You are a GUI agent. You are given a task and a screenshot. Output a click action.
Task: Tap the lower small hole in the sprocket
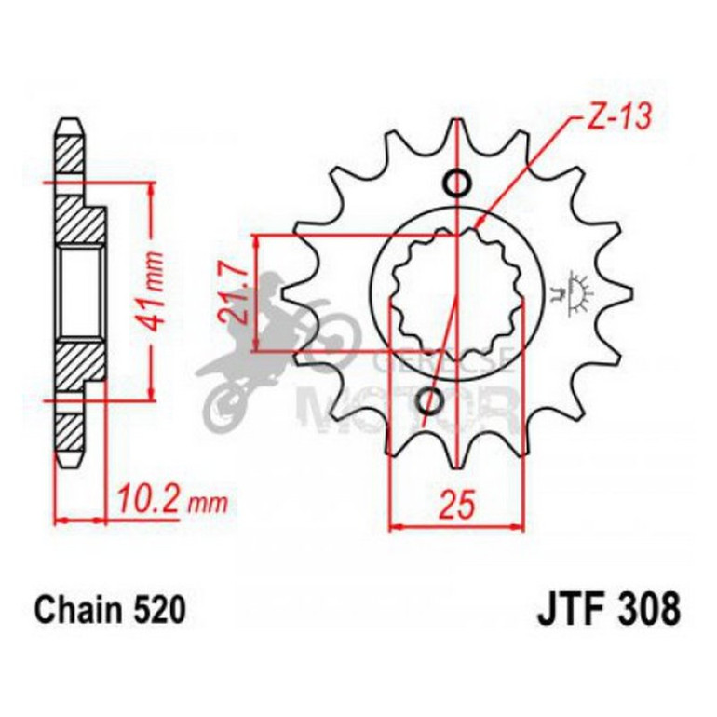tap(430, 401)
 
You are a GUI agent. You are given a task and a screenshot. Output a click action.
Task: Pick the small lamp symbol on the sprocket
tap(579, 291)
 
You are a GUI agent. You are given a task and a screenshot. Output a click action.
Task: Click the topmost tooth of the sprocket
tap(457, 133)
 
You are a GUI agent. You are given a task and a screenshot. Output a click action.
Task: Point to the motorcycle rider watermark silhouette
tap(270, 345)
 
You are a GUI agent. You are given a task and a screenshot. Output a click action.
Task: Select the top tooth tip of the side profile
tap(70, 125)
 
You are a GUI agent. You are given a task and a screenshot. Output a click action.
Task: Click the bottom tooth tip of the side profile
tap(70, 460)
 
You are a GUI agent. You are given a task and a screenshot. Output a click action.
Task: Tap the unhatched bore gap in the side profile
tap(79, 291)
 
